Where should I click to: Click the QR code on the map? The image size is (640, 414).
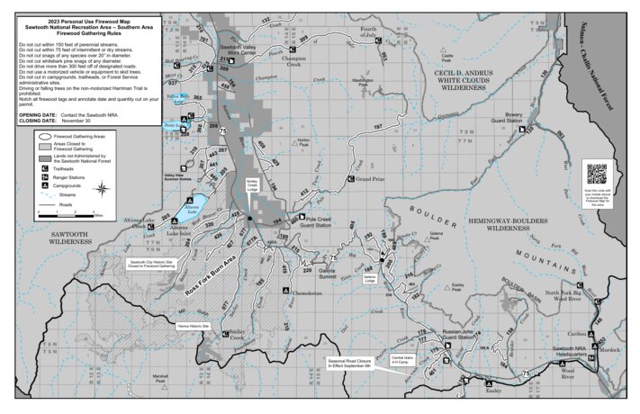point(597,173)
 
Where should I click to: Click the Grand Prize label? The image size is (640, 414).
point(372,180)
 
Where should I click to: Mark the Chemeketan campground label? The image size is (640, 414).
point(308,292)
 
